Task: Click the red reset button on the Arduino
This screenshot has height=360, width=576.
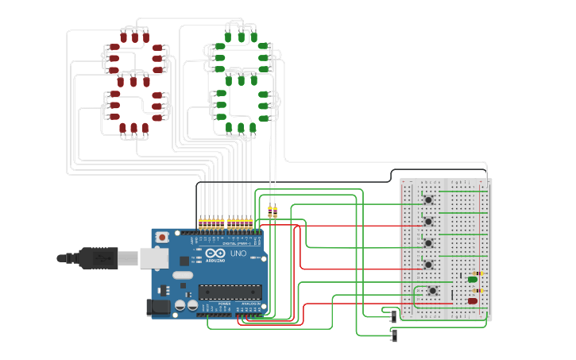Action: pyautogui.click(x=162, y=237)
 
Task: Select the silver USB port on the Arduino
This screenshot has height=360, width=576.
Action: pyautogui.click(x=153, y=257)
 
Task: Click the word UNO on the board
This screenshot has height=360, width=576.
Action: pyautogui.click(x=238, y=254)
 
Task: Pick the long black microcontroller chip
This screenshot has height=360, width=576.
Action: pyautogui.click(x=230, y=292)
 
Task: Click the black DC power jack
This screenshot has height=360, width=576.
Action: pyautogui.click(x=159, y=308)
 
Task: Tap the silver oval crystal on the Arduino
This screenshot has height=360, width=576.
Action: pyautogui.click(x=182, y=276)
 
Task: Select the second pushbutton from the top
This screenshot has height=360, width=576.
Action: pyautogui.click(x=428, y=221)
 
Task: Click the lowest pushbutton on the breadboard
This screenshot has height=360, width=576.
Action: pyautogui.click(x=432, y=292)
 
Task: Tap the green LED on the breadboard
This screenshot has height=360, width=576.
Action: pyautogui.click(x=473, y=279)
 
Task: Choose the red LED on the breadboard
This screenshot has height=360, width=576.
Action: pyautogui.click(x=473, y=301)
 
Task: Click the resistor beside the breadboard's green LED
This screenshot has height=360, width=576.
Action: pyautogui.click(x=477, y=273)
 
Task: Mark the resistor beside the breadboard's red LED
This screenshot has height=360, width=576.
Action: pyautogui.click(x=477, y=292)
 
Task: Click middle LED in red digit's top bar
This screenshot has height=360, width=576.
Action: pyautogui.click(x=134, y=37)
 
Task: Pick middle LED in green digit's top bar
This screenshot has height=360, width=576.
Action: pyautogui.click(x=241, y=37)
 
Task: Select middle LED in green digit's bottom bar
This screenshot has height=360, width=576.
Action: pyautogui.click(x=241, y=127)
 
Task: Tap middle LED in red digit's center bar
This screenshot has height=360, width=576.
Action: pyautogui.click(x=133, y=81)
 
